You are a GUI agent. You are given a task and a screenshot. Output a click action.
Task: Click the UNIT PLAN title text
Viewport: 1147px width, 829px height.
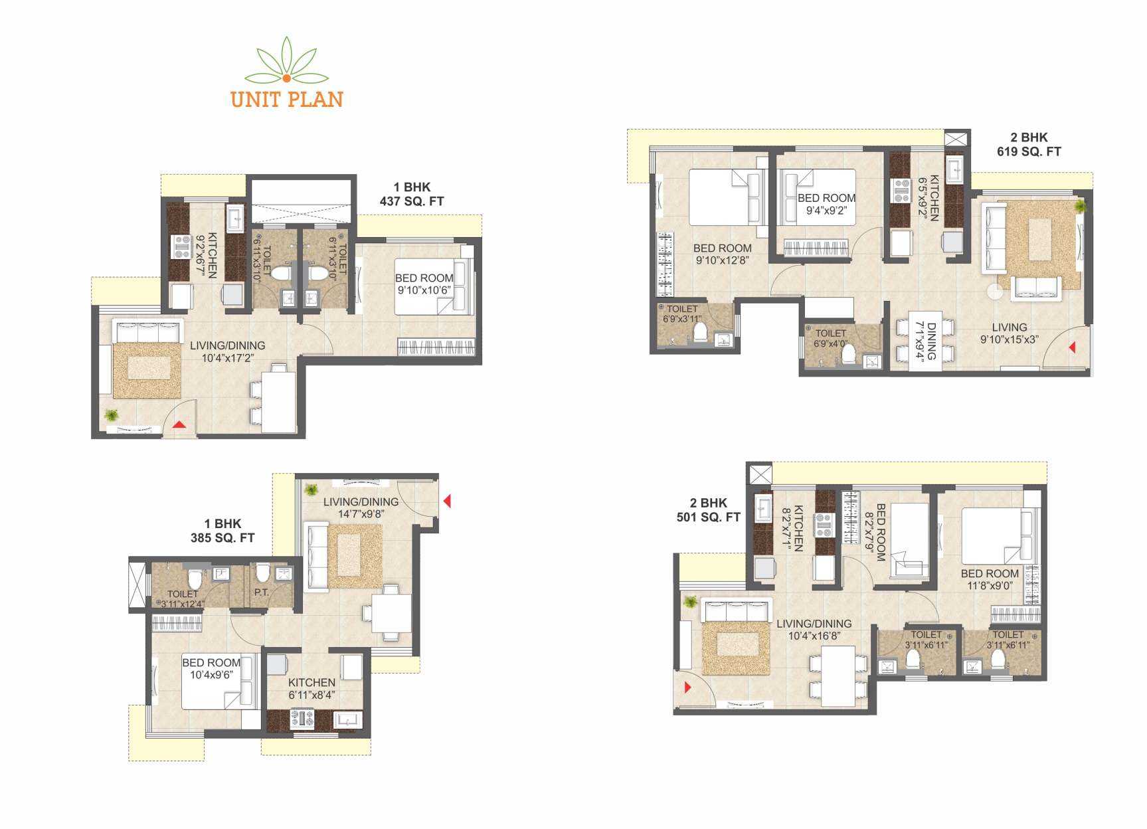[x=287, y=100]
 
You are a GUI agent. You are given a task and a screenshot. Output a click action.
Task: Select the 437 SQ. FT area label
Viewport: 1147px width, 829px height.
[x=412, y=201]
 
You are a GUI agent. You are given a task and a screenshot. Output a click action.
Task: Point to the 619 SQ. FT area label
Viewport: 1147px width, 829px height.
[x=1029, y=151]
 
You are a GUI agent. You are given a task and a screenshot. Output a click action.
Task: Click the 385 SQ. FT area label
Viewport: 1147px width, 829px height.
[x=222, y=538]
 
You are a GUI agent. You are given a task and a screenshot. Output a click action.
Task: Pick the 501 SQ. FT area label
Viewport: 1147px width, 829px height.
[x=709, y=517]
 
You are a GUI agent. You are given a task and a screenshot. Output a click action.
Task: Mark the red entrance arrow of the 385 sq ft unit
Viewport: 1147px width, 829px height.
[x=447, y=501]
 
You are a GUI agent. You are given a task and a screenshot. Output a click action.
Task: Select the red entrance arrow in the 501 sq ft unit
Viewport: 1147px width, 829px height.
[x=689, y=688]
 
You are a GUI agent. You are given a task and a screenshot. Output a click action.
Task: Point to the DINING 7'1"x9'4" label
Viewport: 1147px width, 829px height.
[x=925, y=341]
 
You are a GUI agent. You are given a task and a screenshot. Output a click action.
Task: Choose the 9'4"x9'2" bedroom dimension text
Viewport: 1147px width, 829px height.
[x=826, y=211]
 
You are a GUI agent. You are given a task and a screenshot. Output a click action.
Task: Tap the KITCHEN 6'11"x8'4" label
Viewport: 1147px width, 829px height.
[x=311, y=688]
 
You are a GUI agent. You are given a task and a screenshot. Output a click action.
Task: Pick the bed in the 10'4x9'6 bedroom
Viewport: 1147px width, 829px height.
[x=220, y=681]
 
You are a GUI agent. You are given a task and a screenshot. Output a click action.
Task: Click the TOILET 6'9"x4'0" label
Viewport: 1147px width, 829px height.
[x=831, y=339]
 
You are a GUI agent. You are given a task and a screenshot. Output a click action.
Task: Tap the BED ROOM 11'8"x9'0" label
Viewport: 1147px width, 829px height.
[x=990, y=579]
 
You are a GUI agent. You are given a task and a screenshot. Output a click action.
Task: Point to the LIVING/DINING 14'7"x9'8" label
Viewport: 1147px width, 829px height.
[x=361, y=507]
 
